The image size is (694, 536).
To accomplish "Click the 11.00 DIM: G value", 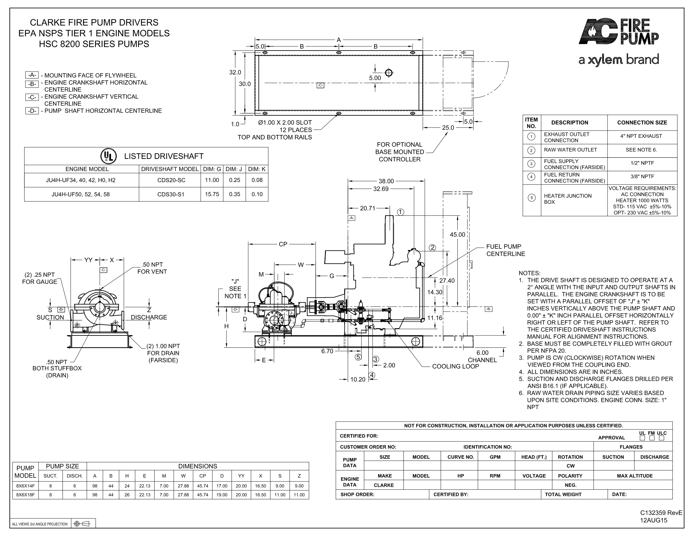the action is click(x=212, y=180).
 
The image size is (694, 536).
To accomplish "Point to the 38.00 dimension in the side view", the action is click(x=386, y=181).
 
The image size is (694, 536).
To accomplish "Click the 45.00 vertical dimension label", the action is click(x=457, y=235).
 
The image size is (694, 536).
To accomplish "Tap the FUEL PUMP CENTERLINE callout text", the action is click(x=506, y=250).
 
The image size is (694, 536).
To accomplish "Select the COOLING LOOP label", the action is click(x=455, y=366).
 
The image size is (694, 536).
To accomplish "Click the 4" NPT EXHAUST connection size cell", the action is click(x=641, y=136).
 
